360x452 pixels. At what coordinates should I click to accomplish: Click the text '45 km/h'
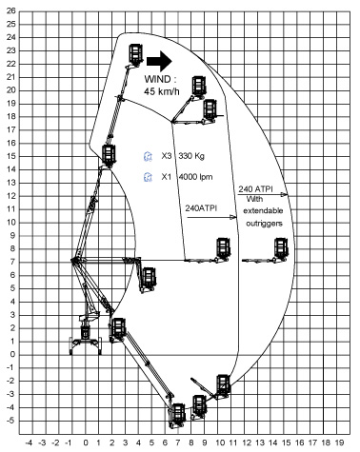[163, 91]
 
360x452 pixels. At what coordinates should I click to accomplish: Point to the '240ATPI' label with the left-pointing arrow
[201, 206]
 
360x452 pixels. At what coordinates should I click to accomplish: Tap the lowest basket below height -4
[177, 415]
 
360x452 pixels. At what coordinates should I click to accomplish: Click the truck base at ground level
[85, 338]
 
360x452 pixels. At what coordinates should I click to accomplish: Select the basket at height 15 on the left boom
[110, 154]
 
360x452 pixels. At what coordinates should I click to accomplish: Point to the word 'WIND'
[159, 78]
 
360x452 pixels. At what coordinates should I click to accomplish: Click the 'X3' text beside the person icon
[167, 155]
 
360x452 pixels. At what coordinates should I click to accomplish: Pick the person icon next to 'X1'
[148, 177]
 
